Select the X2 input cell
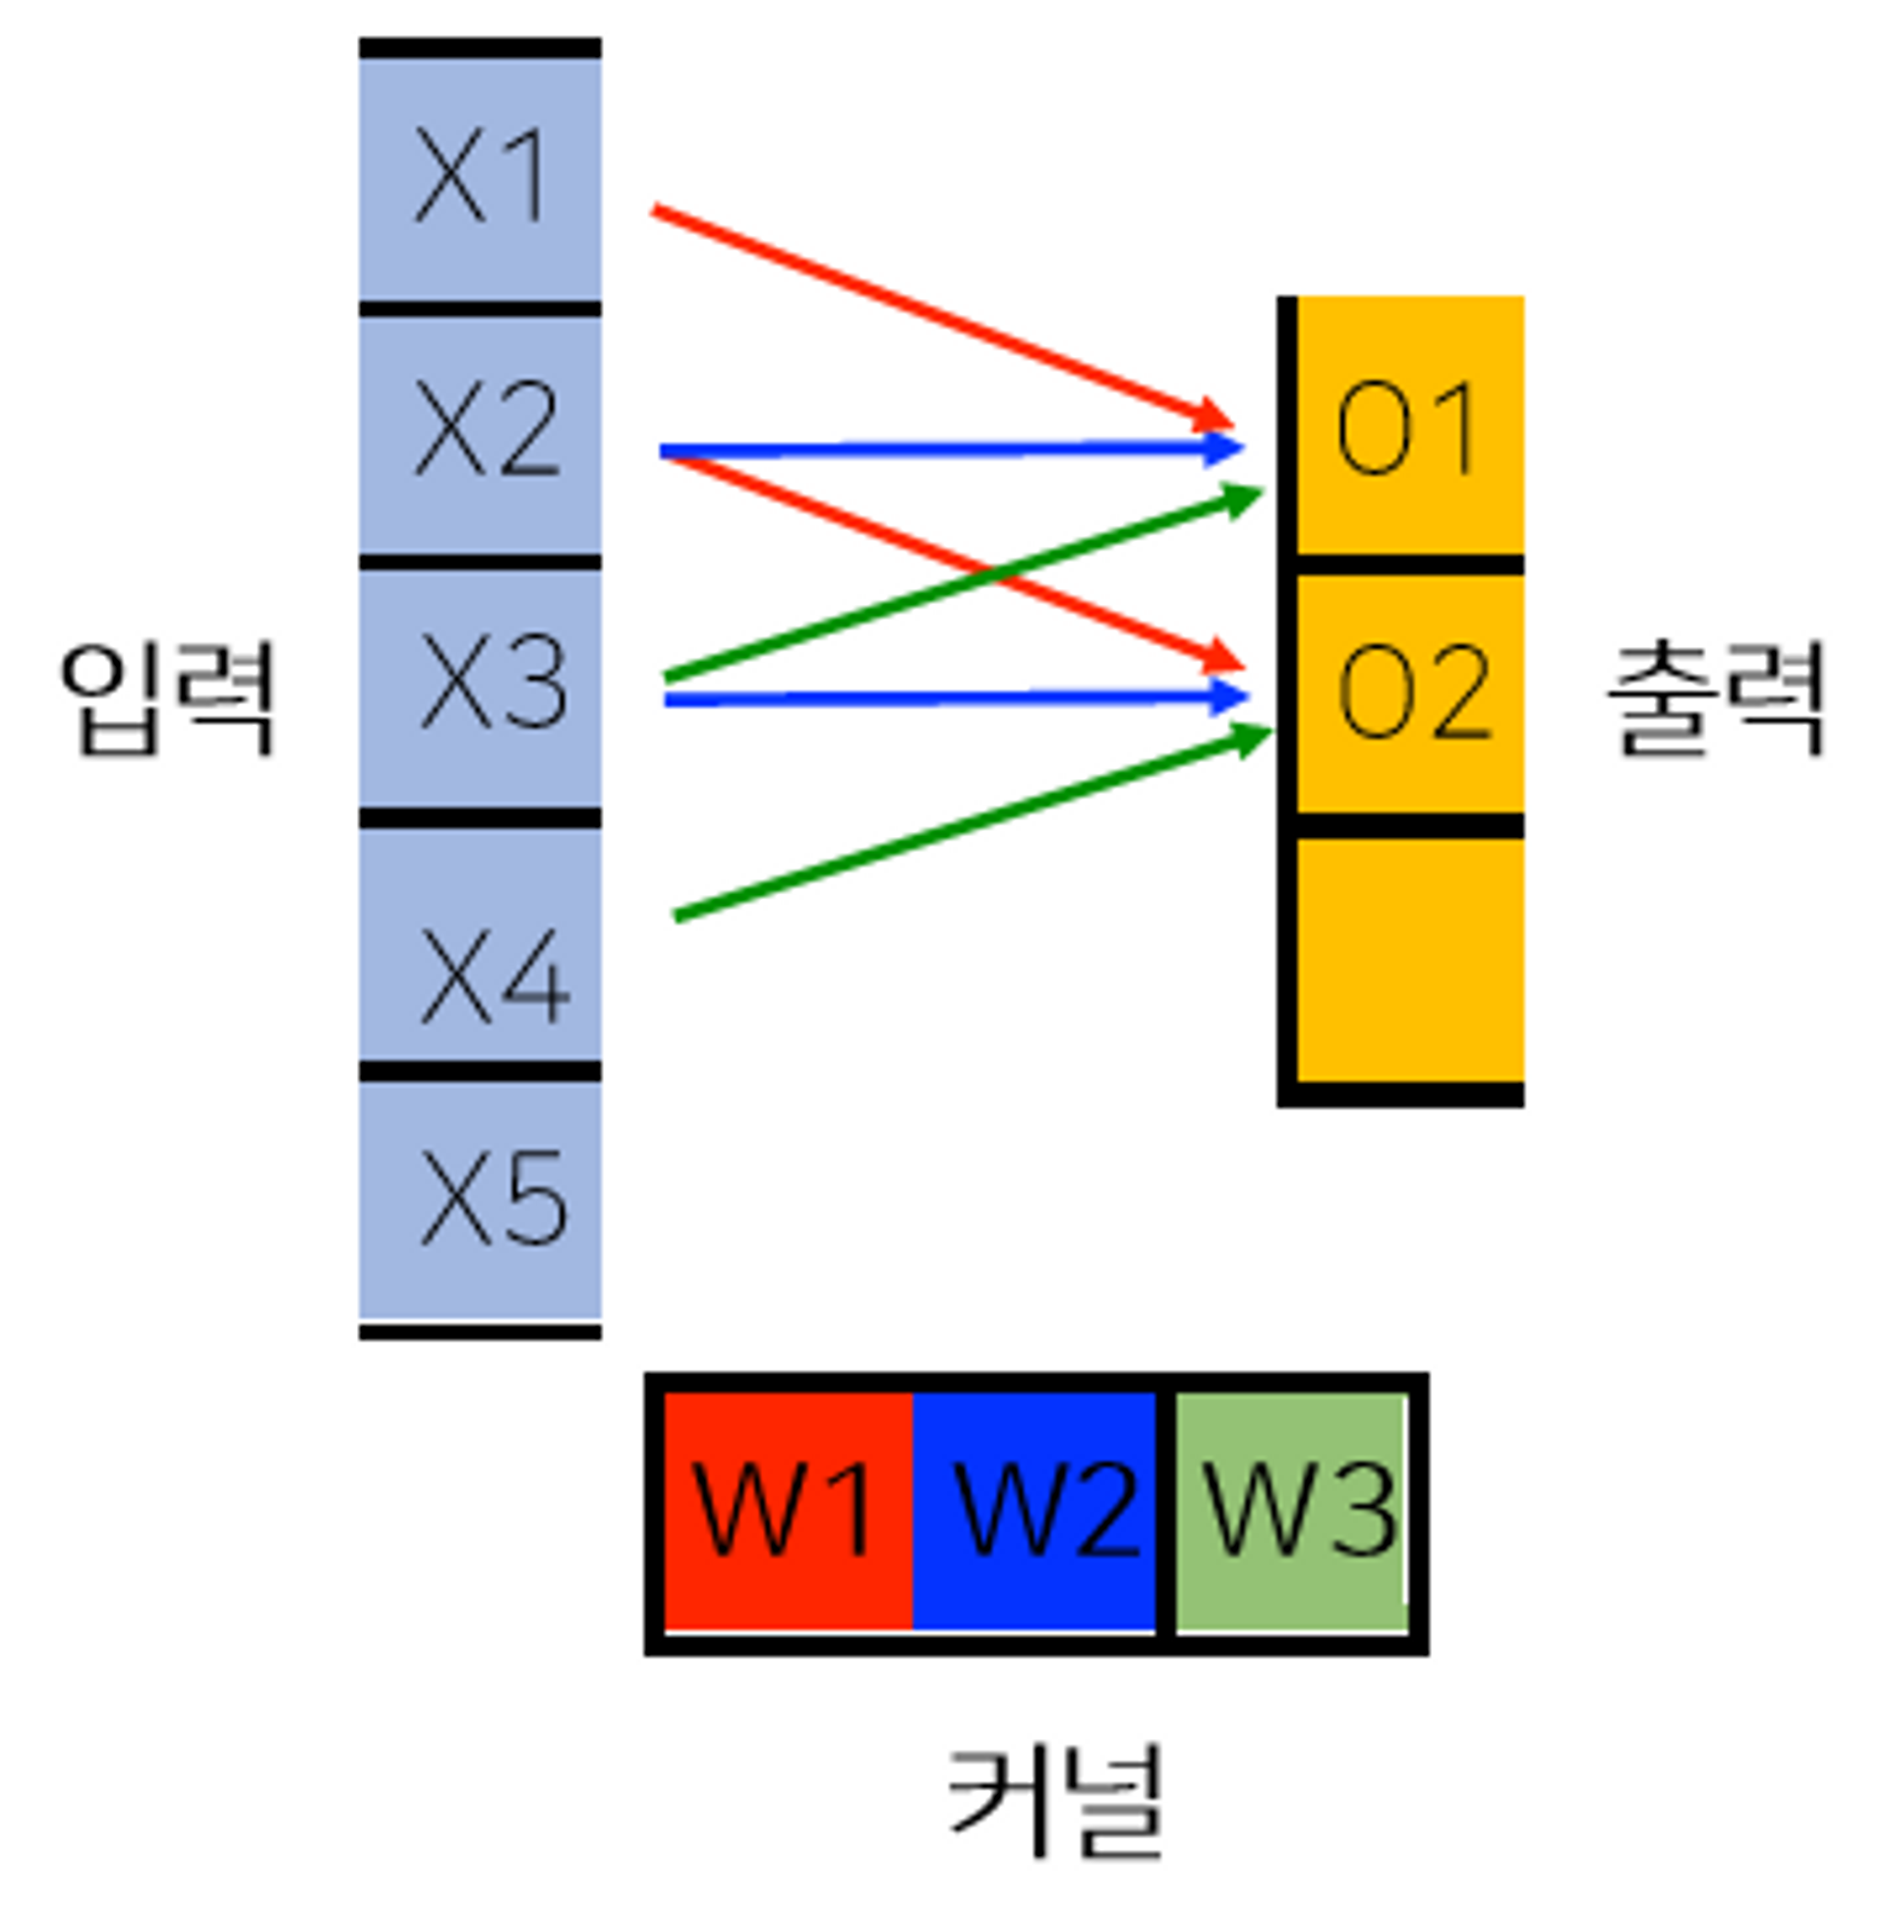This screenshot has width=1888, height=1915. click(480, 432)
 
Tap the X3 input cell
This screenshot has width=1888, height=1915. click(480, 686)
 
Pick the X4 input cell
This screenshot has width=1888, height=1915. click(480, 941)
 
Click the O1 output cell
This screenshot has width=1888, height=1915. click(1408, 426)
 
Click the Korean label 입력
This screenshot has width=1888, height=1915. click(166, 697)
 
